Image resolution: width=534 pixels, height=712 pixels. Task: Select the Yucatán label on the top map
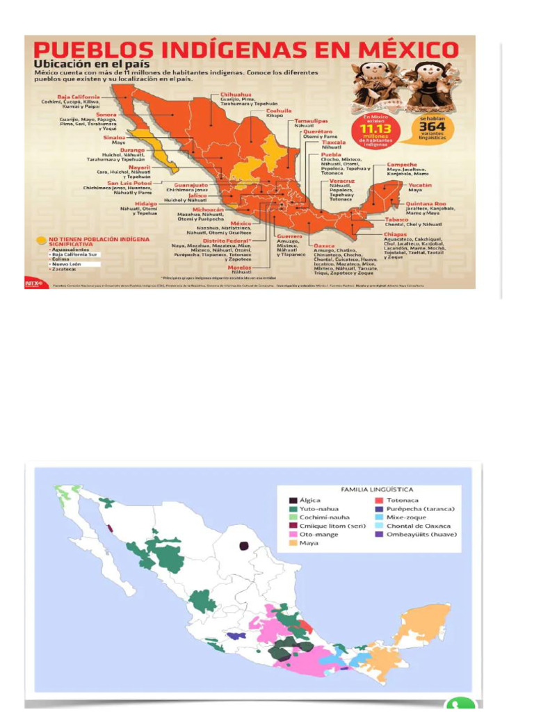point(419,186)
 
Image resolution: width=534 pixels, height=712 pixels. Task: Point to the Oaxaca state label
point(324,245)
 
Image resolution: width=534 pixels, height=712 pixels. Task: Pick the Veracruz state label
point(342,181)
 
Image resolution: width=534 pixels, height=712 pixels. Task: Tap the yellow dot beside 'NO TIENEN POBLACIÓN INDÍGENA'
point(41,241)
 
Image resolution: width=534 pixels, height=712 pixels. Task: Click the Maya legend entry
point(309,543)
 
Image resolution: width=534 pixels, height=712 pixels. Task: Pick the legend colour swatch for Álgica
point(293,500)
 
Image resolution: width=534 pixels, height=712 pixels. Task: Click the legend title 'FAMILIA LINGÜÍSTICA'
point(375,489)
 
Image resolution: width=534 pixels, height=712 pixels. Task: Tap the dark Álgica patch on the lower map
point(244,547)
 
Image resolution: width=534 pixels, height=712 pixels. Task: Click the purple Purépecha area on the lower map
point(237,636)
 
